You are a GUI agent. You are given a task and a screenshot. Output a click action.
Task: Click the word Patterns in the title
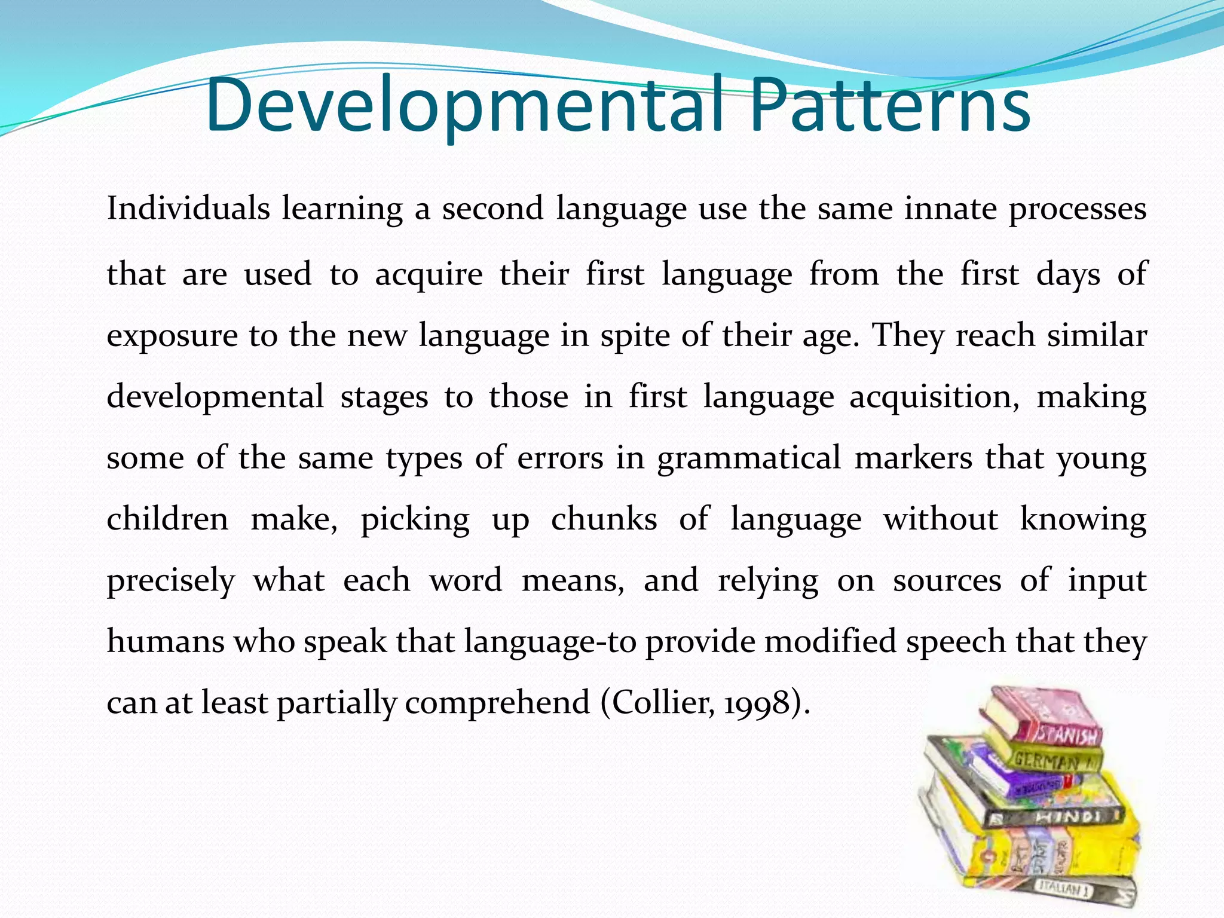point(890,106)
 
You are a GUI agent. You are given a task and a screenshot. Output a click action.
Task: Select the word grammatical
point(749,459)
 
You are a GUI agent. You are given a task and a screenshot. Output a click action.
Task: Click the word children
point(167,519)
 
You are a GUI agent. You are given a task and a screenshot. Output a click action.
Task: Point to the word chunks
point(604,519)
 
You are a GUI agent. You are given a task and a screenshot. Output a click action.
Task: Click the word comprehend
point(497,703)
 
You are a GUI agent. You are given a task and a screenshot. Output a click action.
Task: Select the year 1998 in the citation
point(757,703)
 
